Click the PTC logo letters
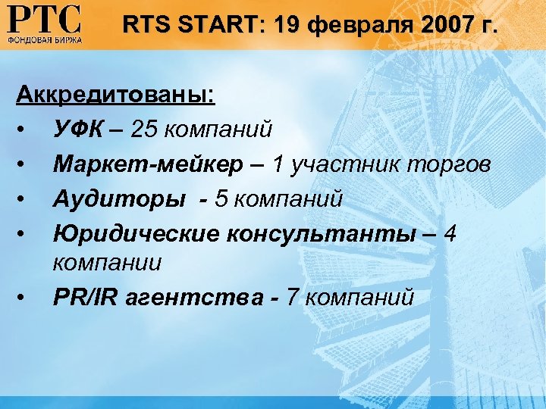[44, 18]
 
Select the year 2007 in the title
[441, 27]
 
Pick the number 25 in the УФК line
[145, 130]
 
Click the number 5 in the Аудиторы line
[221, 198]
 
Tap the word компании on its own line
[107, 263]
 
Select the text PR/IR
[85, 297]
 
